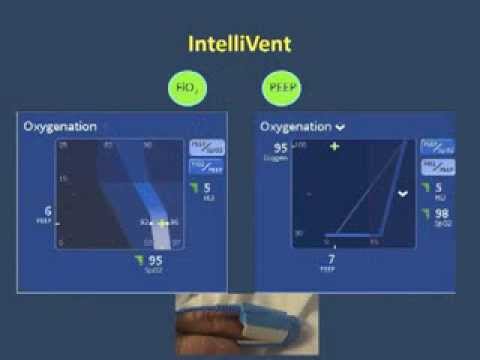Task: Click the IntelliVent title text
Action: pos(240,45)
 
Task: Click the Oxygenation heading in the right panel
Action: pos(297,127)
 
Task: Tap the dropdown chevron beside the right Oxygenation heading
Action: pos(340,128)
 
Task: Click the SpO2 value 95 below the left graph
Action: pos(155,262)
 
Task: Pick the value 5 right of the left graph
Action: pos(206,185)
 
